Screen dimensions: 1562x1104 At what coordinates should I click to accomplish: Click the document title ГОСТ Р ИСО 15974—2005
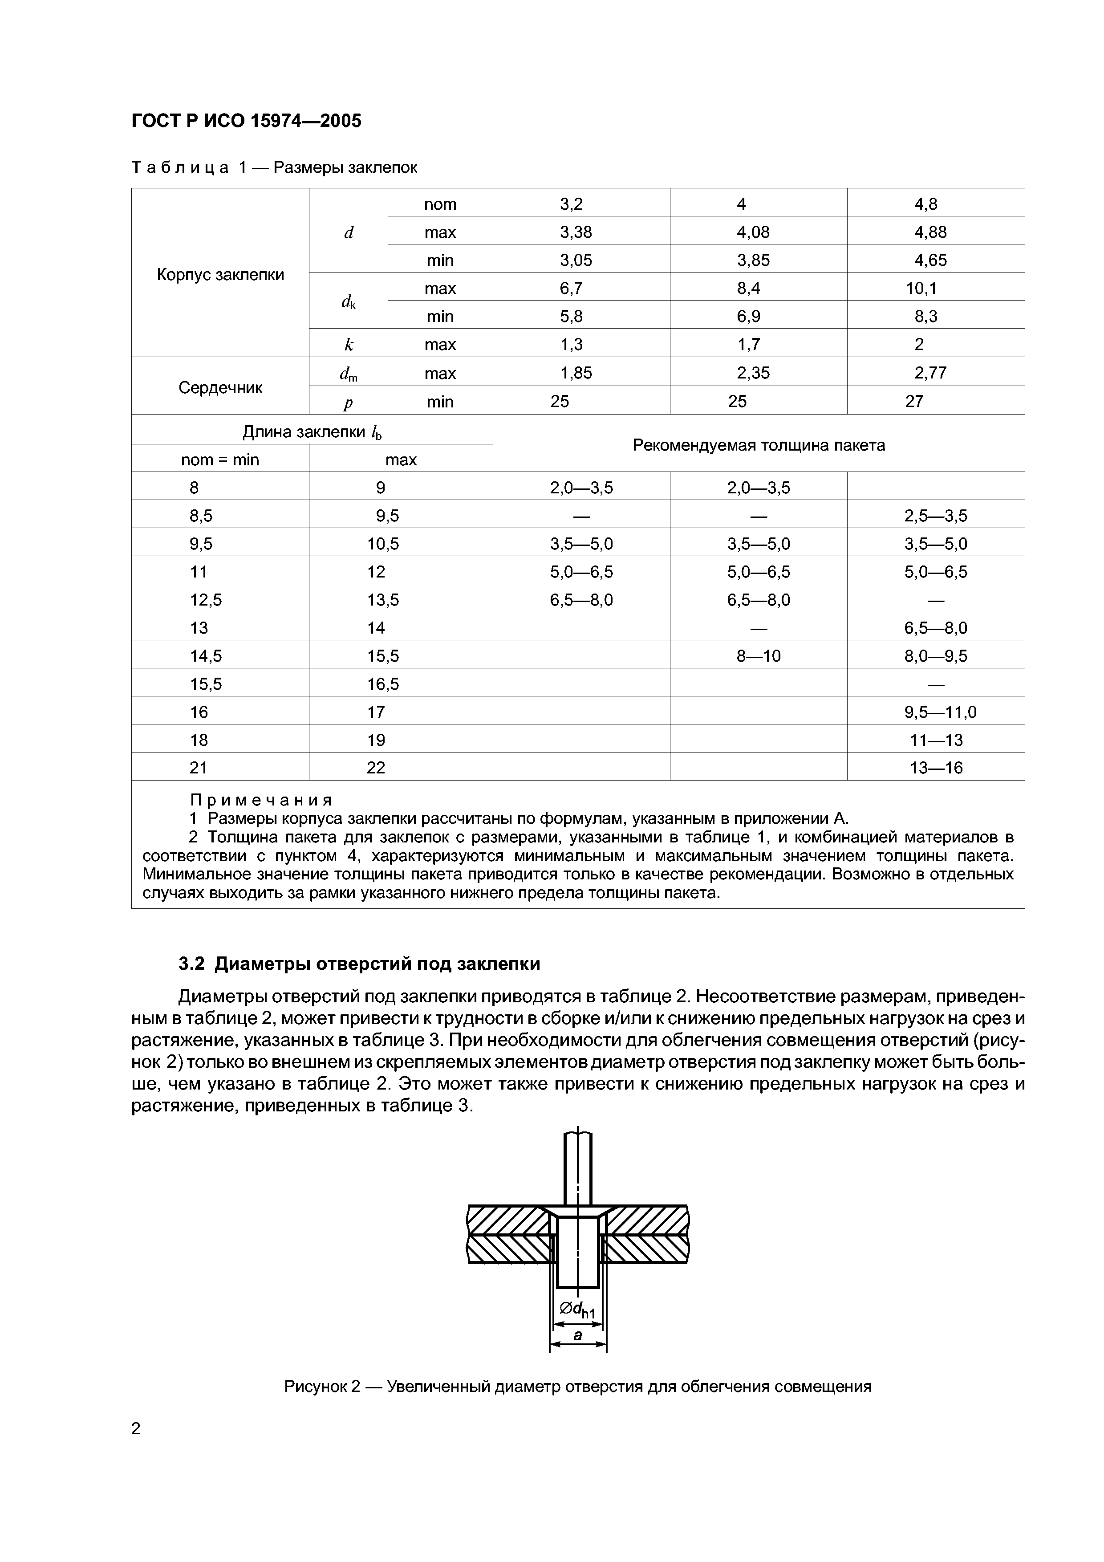(x=246, y=121)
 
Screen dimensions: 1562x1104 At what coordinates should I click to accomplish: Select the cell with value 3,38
(x=576, y=232)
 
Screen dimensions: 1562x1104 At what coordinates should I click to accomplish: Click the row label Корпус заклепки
(x=220, y=275)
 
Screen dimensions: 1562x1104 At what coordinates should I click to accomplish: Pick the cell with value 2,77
(x=930, y=373)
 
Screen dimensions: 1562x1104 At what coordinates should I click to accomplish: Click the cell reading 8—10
(x=759, y=656)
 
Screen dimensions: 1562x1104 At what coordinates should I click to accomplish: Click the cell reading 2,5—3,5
(x=935, y=516)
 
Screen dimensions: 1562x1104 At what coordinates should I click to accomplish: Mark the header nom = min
(x=220, y=460)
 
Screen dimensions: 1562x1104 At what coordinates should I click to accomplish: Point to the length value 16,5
(x=383, y=684)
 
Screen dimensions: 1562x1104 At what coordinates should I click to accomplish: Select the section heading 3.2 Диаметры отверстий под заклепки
(x=359, y=964)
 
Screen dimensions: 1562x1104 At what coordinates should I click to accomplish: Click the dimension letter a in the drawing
(x=577, y=1335)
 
